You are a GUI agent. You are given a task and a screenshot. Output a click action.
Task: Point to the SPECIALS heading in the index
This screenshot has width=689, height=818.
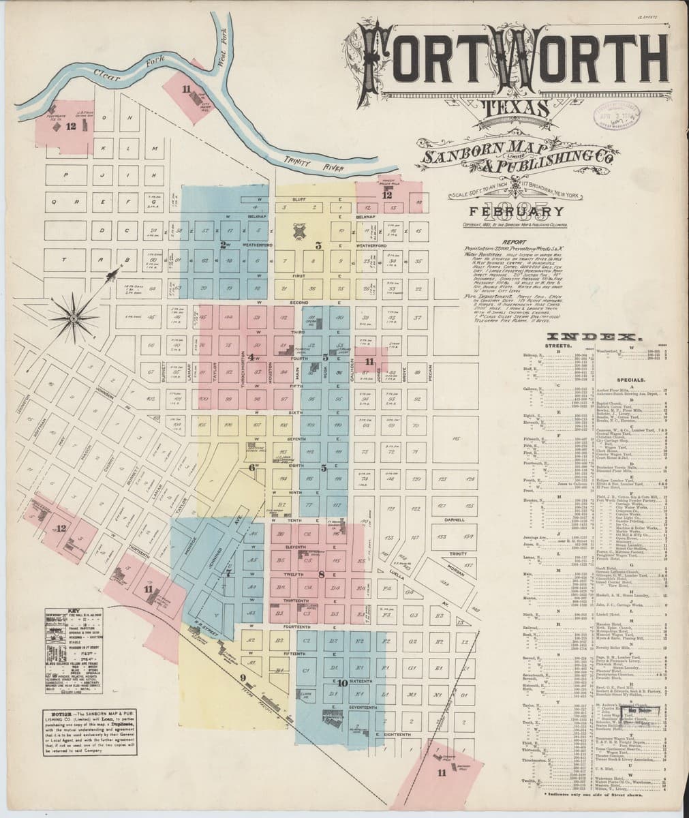coord(631,379)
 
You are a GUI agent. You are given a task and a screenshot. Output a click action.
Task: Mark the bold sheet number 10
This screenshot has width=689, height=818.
coord(343,682)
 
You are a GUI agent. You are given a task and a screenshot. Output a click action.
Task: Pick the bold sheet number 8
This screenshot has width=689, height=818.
coord(320,575)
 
